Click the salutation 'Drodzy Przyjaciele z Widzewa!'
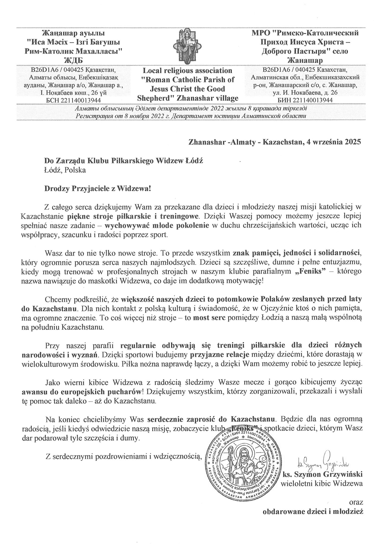coord(98,189)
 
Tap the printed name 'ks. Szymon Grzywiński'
coord(323,474)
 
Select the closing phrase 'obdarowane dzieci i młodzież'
coord(313,512)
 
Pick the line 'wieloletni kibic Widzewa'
coord(322,484)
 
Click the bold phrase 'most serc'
coord(209,318)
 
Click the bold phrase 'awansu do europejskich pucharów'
coord(82,392)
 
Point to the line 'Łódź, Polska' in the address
coord(65,170)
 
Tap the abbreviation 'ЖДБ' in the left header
coord(73,60)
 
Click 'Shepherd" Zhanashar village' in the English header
coord(187,98)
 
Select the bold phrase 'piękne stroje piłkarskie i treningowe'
coord(132,217)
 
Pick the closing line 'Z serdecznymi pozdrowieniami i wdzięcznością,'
coord(124,456)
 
